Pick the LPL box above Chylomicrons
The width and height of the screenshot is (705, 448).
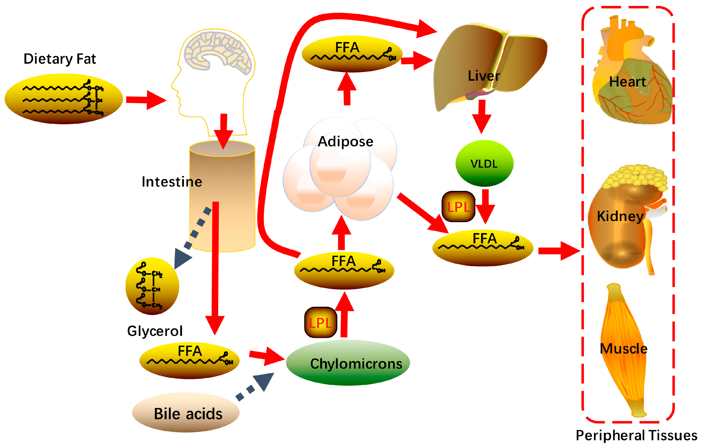(x=321, y=323)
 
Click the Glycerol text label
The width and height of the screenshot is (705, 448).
(x=155, y=331)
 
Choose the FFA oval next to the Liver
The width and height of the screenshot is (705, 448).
(x=352, y=54)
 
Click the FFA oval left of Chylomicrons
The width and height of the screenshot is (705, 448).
(x=189, y=360)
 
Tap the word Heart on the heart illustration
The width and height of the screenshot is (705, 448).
(x=627, y=82)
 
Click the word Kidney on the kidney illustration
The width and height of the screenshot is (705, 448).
(x=620, y=216)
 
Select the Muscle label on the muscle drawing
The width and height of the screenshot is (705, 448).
(x=623, y=349)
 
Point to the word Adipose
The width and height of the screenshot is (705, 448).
(x=345, y=142)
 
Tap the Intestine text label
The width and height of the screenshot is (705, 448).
(x=172, y=182)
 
